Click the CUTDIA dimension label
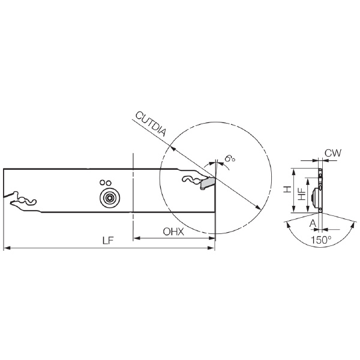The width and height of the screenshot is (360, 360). coord(151,124)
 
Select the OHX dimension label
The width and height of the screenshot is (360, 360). coord(173,232)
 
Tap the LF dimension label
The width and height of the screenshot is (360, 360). coord(108,241)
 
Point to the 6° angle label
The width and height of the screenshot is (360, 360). coord(230,159)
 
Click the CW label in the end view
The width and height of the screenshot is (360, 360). coord(333,152)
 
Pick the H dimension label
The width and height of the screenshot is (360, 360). coord(287,190)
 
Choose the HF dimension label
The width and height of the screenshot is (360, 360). coord(302,194)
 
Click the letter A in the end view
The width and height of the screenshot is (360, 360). coord(313,223)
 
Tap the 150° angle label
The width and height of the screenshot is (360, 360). coord(321,240)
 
